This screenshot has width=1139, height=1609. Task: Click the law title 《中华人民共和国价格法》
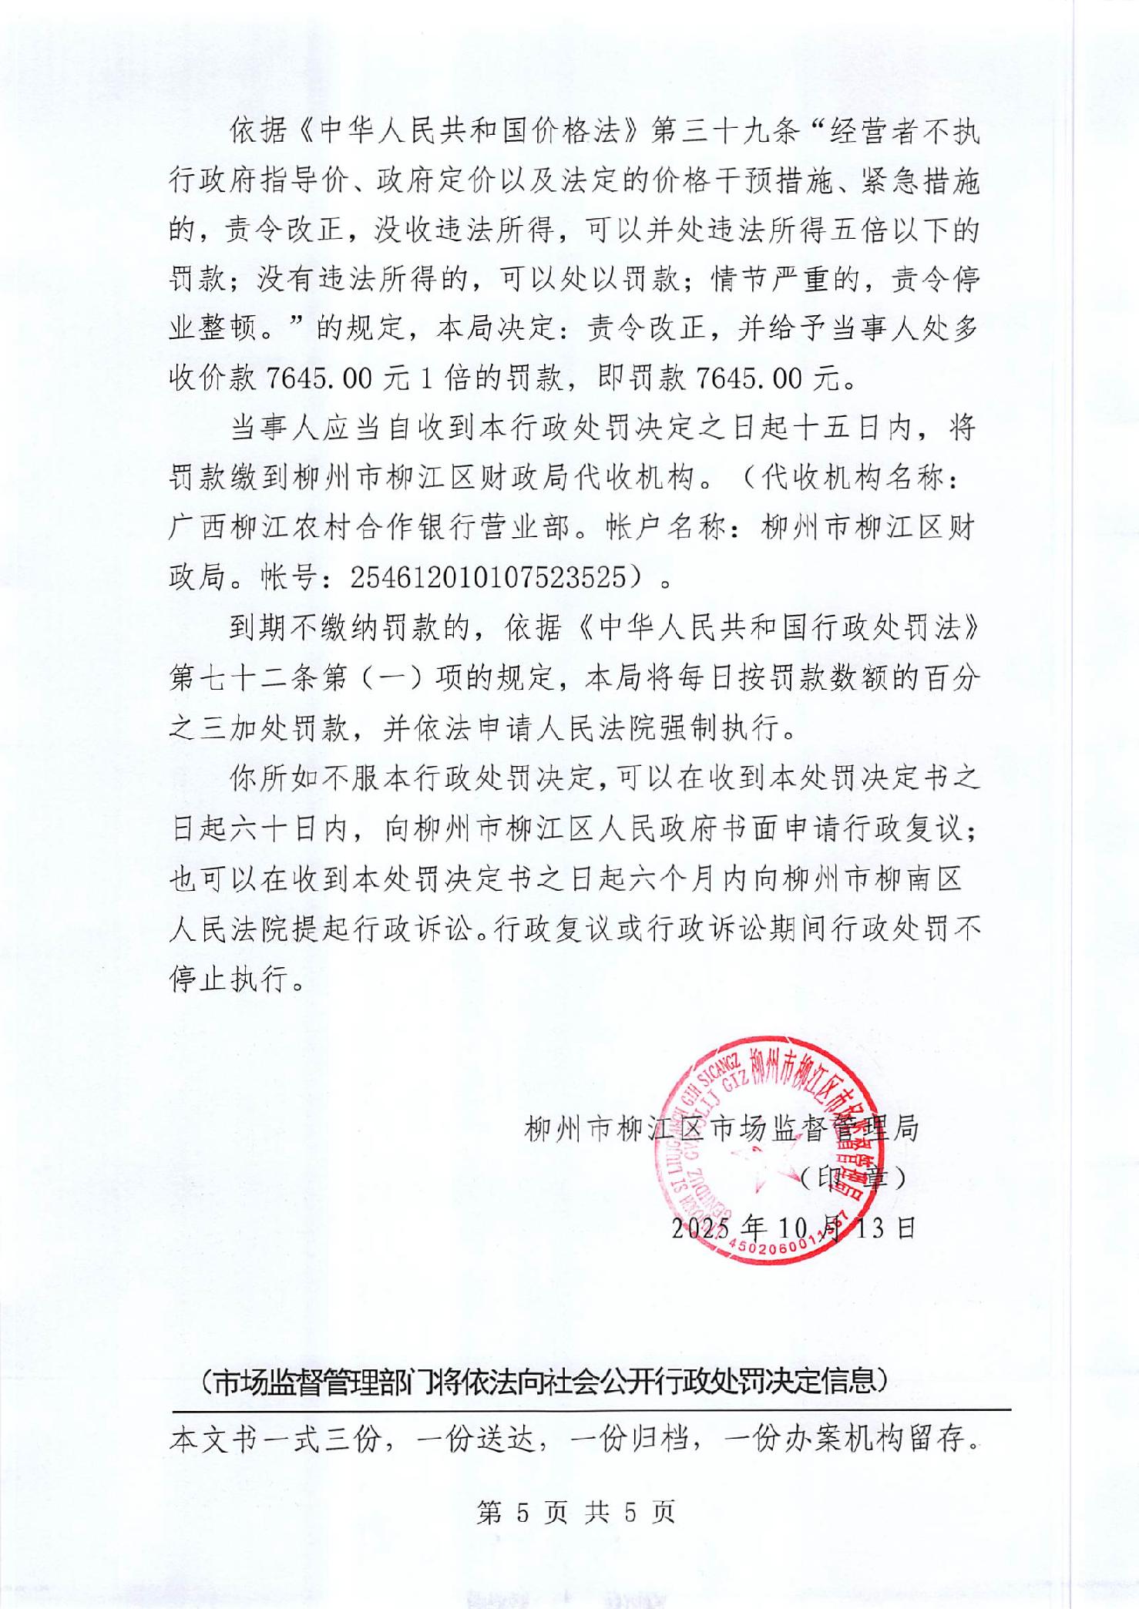(455, 133)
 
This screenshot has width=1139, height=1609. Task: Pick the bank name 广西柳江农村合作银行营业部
(370, 528)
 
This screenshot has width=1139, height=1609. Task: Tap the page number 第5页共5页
(576, 1513)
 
